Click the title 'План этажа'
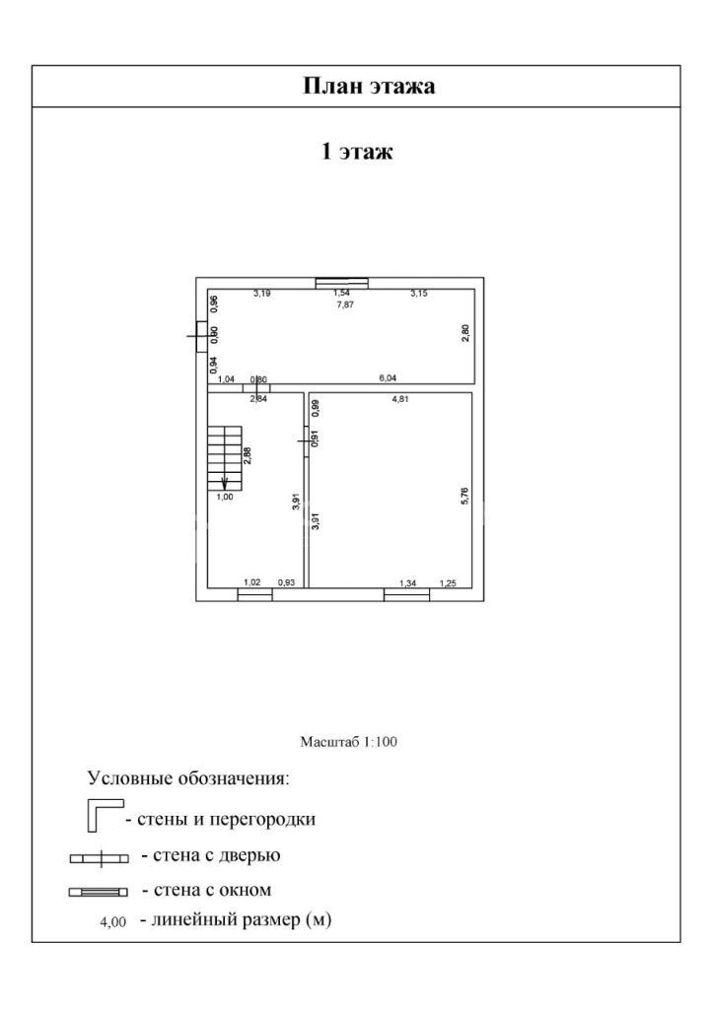368,87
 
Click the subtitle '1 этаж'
356,152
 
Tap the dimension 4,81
401,400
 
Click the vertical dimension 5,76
464,497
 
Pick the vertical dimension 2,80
465,333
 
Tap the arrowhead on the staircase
225,484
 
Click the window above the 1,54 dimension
341,283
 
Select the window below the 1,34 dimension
406,594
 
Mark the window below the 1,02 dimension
254,594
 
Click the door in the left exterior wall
200,336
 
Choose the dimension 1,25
448,583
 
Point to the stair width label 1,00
225,498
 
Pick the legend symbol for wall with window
99,893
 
